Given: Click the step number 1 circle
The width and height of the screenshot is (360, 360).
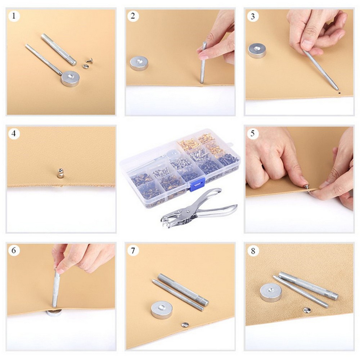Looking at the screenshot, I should [x=14, y=16].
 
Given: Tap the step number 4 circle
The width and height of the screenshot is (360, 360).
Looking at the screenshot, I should [x=14, y=134].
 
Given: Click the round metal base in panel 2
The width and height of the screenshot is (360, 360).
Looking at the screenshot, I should [x=139, y=63].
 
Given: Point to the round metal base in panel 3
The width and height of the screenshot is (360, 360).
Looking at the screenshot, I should [x=257, y=50].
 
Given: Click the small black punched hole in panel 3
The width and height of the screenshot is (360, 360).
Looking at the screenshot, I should [x=339, y=93].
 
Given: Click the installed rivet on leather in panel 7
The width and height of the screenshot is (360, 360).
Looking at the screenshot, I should [x=185, y=324].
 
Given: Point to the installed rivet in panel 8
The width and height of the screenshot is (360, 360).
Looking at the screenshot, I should [x=306, y=310].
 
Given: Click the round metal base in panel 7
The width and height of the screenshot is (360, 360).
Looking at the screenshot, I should [x=162, y=310].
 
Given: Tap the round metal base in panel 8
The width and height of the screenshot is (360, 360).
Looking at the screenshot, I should [x=271, y=292].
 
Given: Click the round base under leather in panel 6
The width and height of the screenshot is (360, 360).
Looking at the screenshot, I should [x=54, y=312].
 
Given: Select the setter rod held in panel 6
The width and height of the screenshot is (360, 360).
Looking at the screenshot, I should [x=56, y=288].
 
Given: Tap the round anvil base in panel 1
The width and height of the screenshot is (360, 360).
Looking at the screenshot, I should [x=70, y=78].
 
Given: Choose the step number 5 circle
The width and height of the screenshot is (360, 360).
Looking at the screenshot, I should [x=253, y=134].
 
